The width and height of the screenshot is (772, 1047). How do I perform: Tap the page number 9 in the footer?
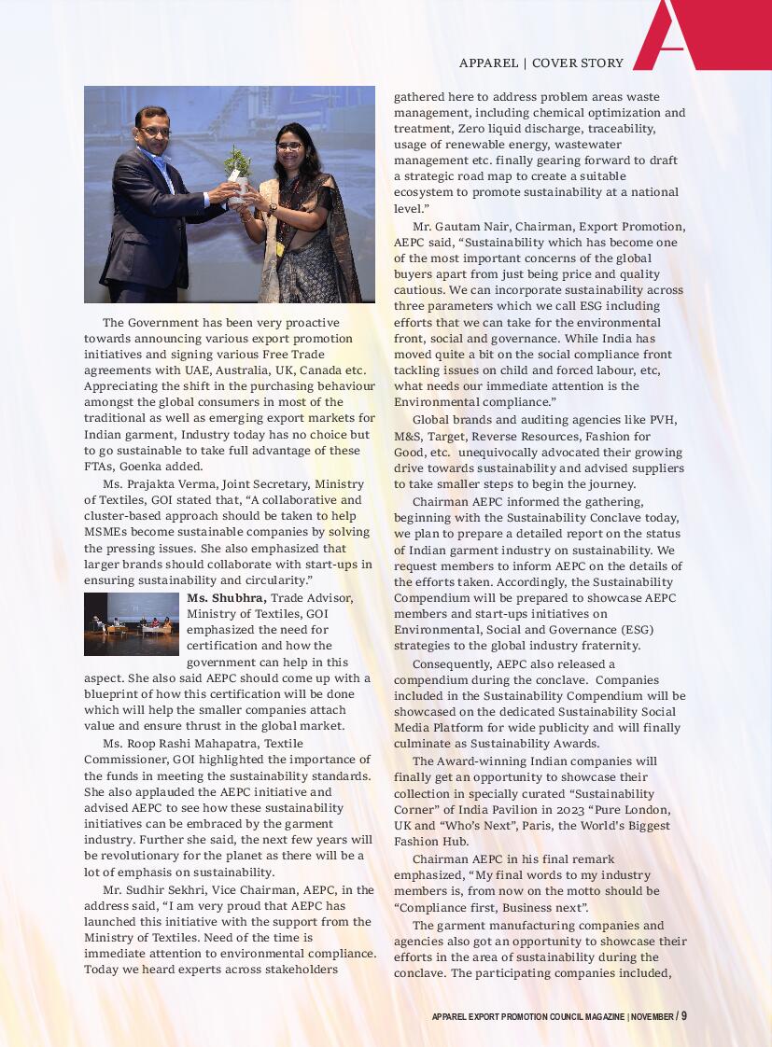coord(683,1016)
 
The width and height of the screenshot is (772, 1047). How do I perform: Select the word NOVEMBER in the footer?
coord(652,1016)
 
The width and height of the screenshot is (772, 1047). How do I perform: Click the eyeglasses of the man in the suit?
coord(155,132)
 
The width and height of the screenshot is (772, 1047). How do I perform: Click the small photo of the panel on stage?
coord(132,624)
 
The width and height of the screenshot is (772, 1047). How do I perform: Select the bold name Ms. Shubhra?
coord(227,597)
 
